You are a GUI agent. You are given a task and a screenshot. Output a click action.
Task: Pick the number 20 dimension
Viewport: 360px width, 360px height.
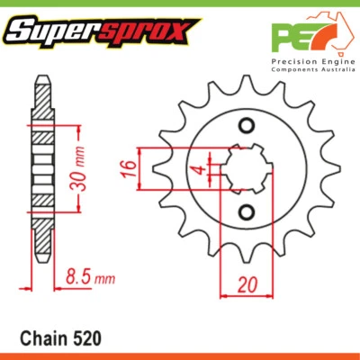coord(244,285)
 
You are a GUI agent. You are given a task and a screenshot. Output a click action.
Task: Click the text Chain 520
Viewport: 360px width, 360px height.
coord(59,338)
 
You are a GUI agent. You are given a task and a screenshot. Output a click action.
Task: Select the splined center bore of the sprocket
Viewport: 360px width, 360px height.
coord(244,169)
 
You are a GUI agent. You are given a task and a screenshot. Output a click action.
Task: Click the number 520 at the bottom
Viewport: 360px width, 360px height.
coord(88,338)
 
